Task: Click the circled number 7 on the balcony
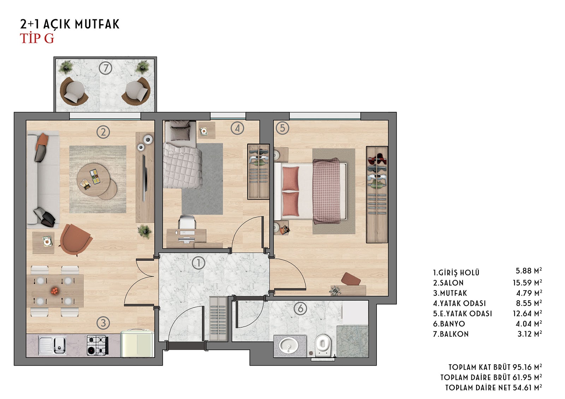click(x=106, y=68)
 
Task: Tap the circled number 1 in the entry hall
click(x=198, y=263)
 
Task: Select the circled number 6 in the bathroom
click(x=301, y=309)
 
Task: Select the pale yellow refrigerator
click(x=137, y=343)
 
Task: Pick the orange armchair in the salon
click(x=76, y=240)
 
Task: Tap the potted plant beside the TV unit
click(x=144, y=231)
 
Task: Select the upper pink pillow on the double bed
click(x=291, y=179)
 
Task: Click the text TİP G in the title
click(x=37, y=38)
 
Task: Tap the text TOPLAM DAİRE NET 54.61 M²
click(x=494, y=387)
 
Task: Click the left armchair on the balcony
click(x=73, y=90)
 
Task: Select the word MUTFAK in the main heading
click(x=97, y=24)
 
